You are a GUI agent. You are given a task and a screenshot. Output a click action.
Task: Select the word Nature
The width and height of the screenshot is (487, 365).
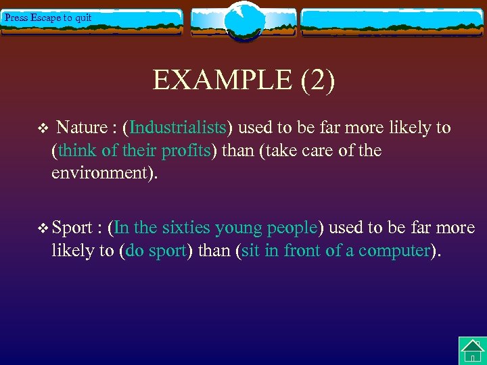click(x=82, y=128)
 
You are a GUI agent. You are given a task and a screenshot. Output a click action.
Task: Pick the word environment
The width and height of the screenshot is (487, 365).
click(x=101, y=172)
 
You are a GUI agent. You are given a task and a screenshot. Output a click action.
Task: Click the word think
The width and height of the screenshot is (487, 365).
click(x=77, y=150)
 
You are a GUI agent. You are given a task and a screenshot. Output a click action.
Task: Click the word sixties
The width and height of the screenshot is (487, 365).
click(x=185, y=228)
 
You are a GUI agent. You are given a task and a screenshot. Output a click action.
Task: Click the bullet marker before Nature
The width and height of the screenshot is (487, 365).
click(x=40, y=128)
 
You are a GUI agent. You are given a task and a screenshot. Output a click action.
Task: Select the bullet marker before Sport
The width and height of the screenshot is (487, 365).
click(x=44, y=228)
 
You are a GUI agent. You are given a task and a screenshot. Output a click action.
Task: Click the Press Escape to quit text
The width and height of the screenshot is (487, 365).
click(x=47, y=18)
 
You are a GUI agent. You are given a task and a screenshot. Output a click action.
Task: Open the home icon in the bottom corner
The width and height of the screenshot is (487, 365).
click(x=472, y=351)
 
